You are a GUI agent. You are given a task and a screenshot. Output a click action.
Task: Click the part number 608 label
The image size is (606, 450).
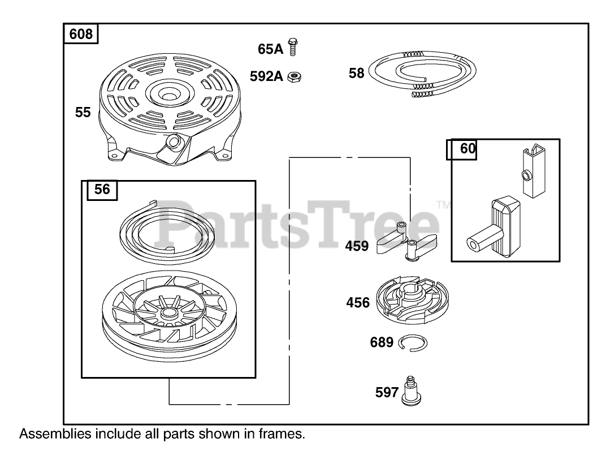pos(81,35)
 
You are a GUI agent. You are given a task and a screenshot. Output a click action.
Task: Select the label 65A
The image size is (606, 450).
pos(270,49)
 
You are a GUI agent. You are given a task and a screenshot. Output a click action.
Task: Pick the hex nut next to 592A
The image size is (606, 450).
pos(293,76)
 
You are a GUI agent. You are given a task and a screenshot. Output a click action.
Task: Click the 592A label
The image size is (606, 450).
pos(266,76)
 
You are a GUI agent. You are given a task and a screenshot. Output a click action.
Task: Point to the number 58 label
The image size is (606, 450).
pos(356,73)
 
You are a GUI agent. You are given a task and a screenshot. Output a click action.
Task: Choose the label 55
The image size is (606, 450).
pos(83,113)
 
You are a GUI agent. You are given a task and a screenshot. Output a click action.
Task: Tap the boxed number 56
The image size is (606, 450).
pos(102,190)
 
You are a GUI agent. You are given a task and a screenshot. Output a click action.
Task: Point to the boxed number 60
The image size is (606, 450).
pos(468,149)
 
